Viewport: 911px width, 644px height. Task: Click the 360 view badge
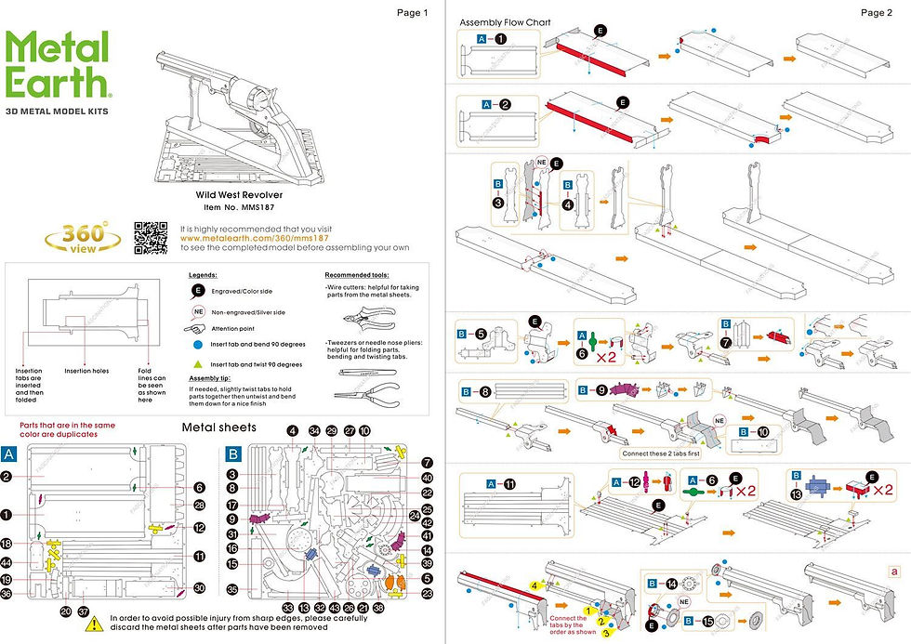point(85,238)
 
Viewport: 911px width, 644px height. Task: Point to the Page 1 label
point(412,13)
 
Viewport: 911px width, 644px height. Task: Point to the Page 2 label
point(876,13)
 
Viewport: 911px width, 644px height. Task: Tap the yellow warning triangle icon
point(94,624)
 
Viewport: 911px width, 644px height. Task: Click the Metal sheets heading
point(218,428)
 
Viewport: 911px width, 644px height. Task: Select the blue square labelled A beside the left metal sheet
point(10,454)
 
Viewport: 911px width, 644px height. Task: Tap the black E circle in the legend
point(198,291)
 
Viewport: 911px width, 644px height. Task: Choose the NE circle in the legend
point(198,311)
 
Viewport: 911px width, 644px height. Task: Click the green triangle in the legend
point(198,365)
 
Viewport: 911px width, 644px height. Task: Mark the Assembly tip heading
point(209,379)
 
